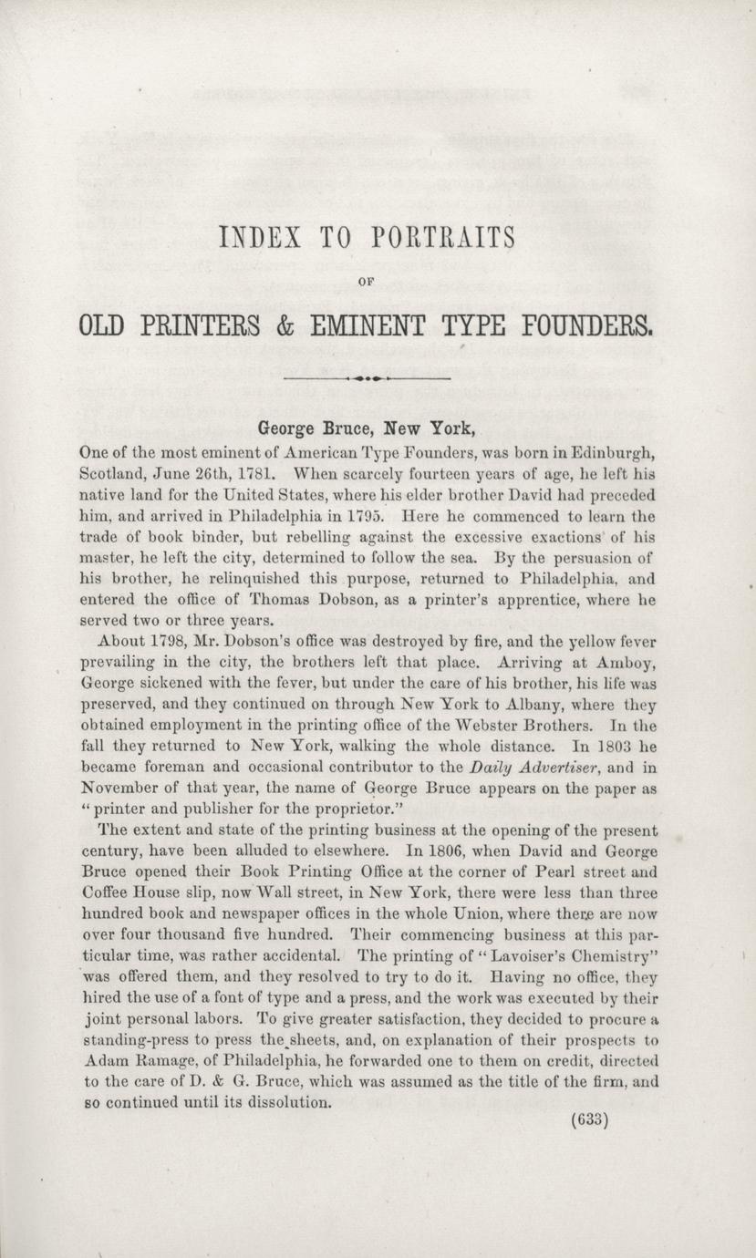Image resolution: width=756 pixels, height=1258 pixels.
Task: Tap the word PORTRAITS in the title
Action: (x=444, y=239)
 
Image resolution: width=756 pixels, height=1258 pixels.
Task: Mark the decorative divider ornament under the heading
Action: (x=368, y=376)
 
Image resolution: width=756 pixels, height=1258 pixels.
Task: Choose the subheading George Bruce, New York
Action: (x=368, y=427)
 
